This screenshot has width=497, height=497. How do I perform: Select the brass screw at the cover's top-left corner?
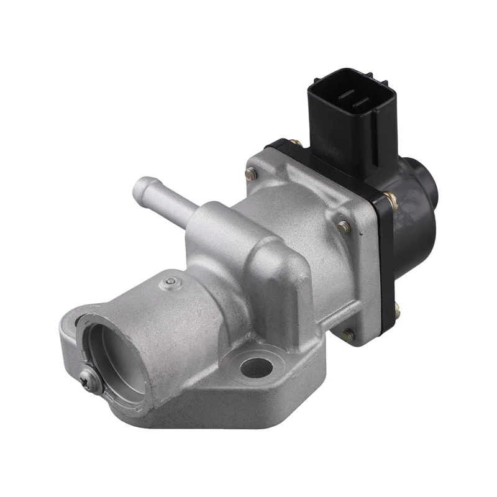(251, 175)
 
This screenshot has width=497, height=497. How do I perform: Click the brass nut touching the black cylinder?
(391, 198)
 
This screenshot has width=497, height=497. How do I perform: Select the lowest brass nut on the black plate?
(397, 306)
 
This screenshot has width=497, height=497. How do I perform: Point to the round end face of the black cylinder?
(429, 180)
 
